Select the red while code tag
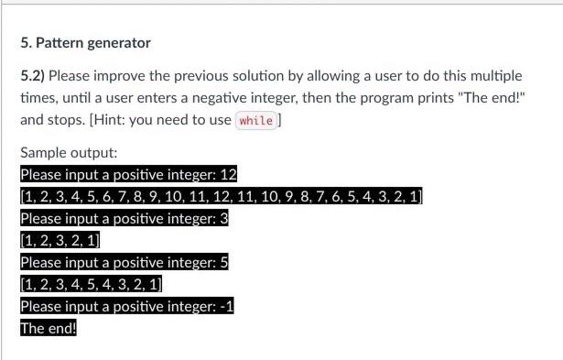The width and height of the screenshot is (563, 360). [x=256, y=120]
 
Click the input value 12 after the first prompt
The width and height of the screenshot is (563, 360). [x=230, y=174]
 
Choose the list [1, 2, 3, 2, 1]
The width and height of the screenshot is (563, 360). [x=60, y=241]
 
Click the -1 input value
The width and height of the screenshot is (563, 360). [x=229, y=307]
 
